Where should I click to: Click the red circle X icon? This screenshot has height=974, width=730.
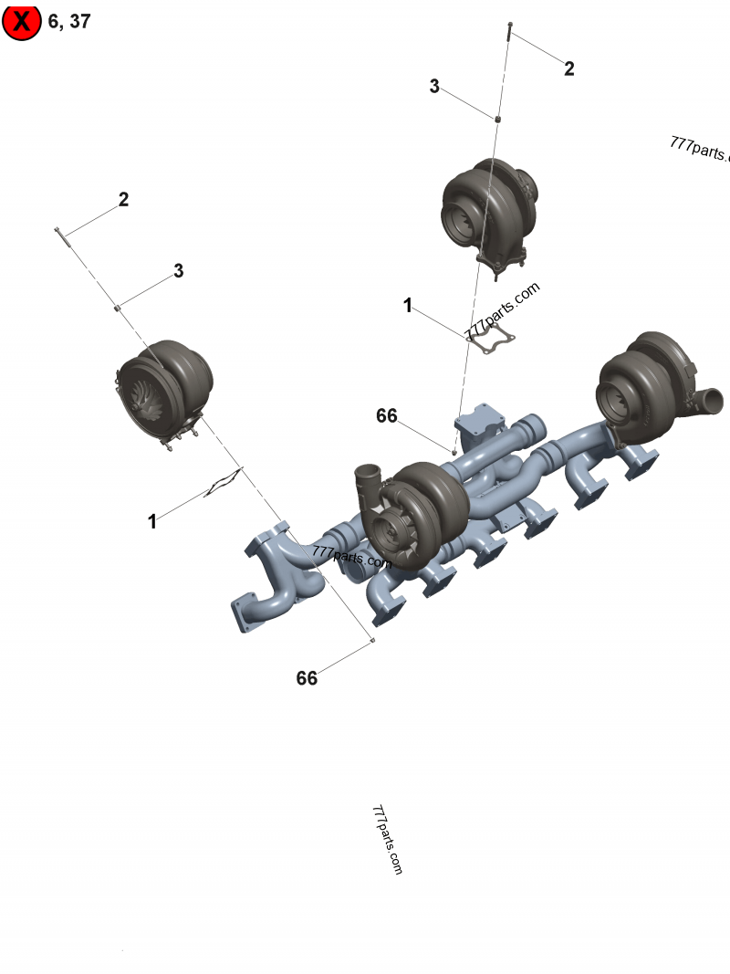(x=22, y=22)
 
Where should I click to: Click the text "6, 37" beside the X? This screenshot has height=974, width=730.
(x=69, y=21)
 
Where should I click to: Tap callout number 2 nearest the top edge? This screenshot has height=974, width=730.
(x=569, y=68)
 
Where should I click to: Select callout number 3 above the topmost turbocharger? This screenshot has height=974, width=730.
(x=434, y=87)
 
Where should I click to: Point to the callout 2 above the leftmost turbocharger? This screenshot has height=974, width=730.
(x=123, y=200)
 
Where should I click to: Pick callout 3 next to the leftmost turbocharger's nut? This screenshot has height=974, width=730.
(x=179, y=271)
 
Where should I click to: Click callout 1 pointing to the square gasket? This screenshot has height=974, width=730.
(x=408, y=306)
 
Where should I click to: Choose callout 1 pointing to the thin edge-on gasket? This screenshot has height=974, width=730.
(x=152, y=521)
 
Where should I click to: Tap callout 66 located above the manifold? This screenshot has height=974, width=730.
(x=387, y=416)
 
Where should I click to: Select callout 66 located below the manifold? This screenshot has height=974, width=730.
(x=307, y=678)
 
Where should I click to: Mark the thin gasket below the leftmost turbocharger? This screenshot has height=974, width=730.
(x=224, y=483)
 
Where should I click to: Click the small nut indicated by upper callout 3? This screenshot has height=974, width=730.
(x=498, y=119)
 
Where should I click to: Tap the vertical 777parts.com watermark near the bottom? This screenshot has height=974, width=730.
(x=387, y=840)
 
